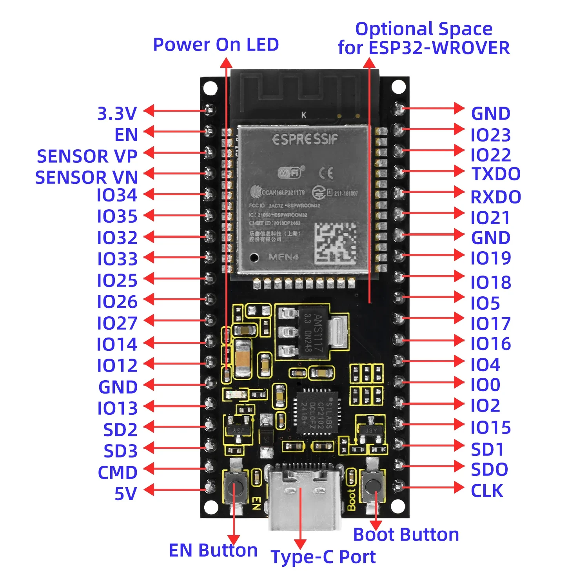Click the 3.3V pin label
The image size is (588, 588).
click(117, 114)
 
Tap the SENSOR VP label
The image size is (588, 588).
click(87, 156)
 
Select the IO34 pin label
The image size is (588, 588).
click(117, 195)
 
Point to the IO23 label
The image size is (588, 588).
click(490, 135)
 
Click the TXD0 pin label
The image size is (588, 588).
click(495, 174)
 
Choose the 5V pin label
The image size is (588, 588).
click(125, 494)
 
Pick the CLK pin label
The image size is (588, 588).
click(486, 491)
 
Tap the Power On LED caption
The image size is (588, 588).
click(216, 45)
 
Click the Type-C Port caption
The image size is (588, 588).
click(323, 557)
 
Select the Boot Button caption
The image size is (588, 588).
click(406, 535)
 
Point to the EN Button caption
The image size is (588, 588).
click(213, 550)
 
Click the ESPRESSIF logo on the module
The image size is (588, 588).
click(305, 139)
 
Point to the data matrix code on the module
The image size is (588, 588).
click(336, 243)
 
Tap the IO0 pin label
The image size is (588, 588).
click(485, 385)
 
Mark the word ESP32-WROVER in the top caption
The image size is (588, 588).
click(439, 48)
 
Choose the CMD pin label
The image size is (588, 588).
click(117, 472)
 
